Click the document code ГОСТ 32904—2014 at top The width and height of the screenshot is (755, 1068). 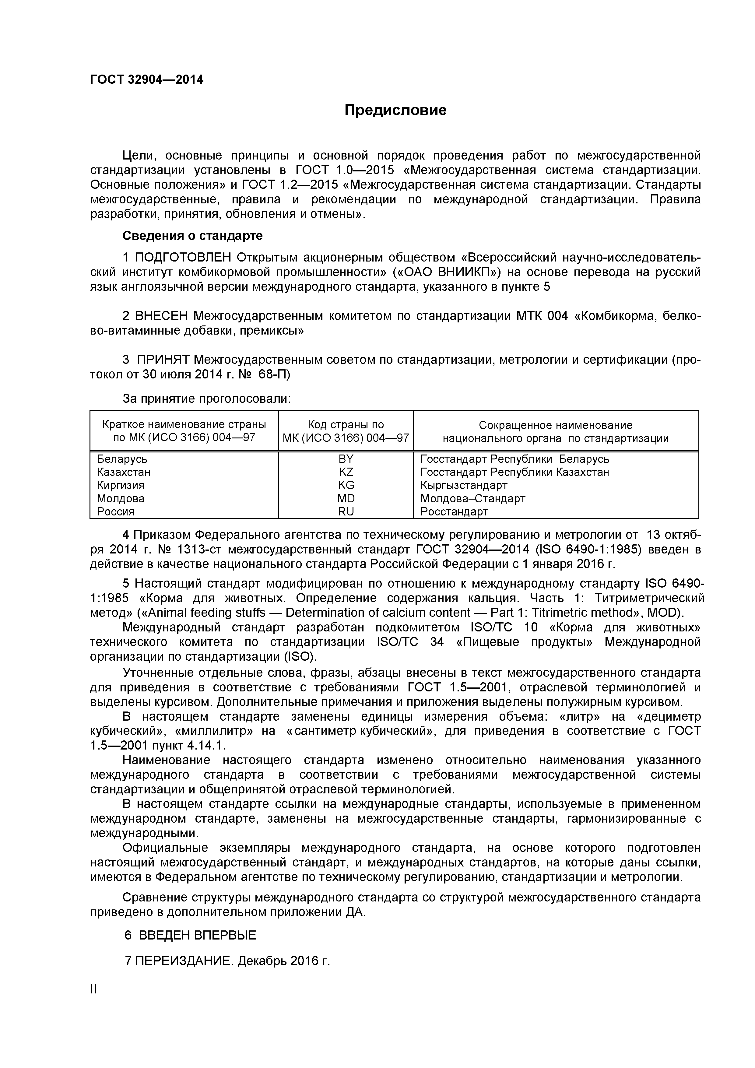tap(146, 79)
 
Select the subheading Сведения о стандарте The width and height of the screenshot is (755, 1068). tap(192, 236)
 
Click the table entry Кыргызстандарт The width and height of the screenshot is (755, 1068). tap(463, 485)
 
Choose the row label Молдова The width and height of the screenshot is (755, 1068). tap(121, 499)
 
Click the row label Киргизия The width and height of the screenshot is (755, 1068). tap(121, 485)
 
